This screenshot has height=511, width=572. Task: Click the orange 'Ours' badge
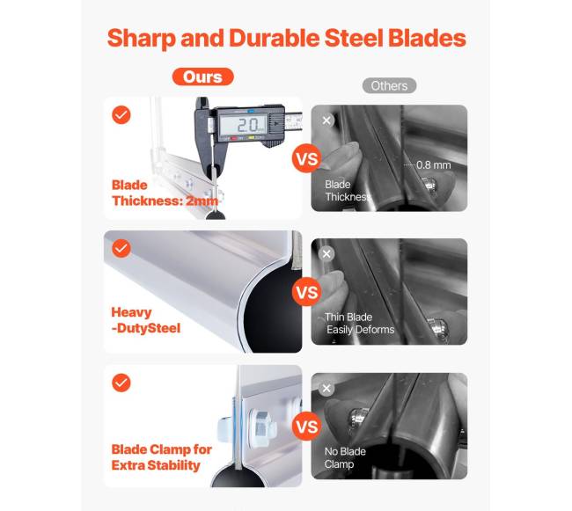202,77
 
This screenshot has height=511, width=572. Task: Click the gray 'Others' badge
389,85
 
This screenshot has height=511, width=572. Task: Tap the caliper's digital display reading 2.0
243,125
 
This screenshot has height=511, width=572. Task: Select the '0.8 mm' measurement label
433,165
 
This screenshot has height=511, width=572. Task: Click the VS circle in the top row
307,158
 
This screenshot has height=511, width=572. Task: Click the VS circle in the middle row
307,292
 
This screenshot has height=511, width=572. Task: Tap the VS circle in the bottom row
307,426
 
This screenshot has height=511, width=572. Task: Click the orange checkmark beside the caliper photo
121,115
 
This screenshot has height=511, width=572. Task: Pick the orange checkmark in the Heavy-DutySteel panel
121,249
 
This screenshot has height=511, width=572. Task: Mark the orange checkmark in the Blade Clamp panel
121,383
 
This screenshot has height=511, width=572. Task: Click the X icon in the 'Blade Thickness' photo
326,120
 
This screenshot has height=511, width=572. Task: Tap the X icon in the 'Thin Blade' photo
326,253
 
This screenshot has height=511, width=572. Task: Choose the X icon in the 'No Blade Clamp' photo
326,388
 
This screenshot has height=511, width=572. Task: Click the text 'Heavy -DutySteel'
146,320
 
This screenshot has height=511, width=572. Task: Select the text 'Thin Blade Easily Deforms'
359,324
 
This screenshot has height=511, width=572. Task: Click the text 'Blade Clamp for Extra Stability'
162,457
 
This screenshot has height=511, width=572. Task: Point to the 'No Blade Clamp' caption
345,457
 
